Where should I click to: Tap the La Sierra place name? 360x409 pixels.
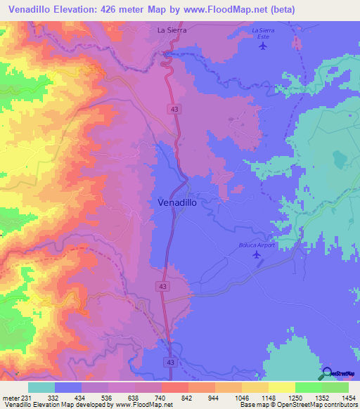169,30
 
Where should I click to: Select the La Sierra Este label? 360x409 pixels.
263,32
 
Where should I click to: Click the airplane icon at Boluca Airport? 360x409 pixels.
256,254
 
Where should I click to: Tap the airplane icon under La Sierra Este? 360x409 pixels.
263,46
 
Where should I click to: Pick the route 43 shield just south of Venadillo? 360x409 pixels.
163,287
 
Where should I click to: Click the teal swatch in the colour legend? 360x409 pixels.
41,387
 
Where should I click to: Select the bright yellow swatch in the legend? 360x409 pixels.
281,387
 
